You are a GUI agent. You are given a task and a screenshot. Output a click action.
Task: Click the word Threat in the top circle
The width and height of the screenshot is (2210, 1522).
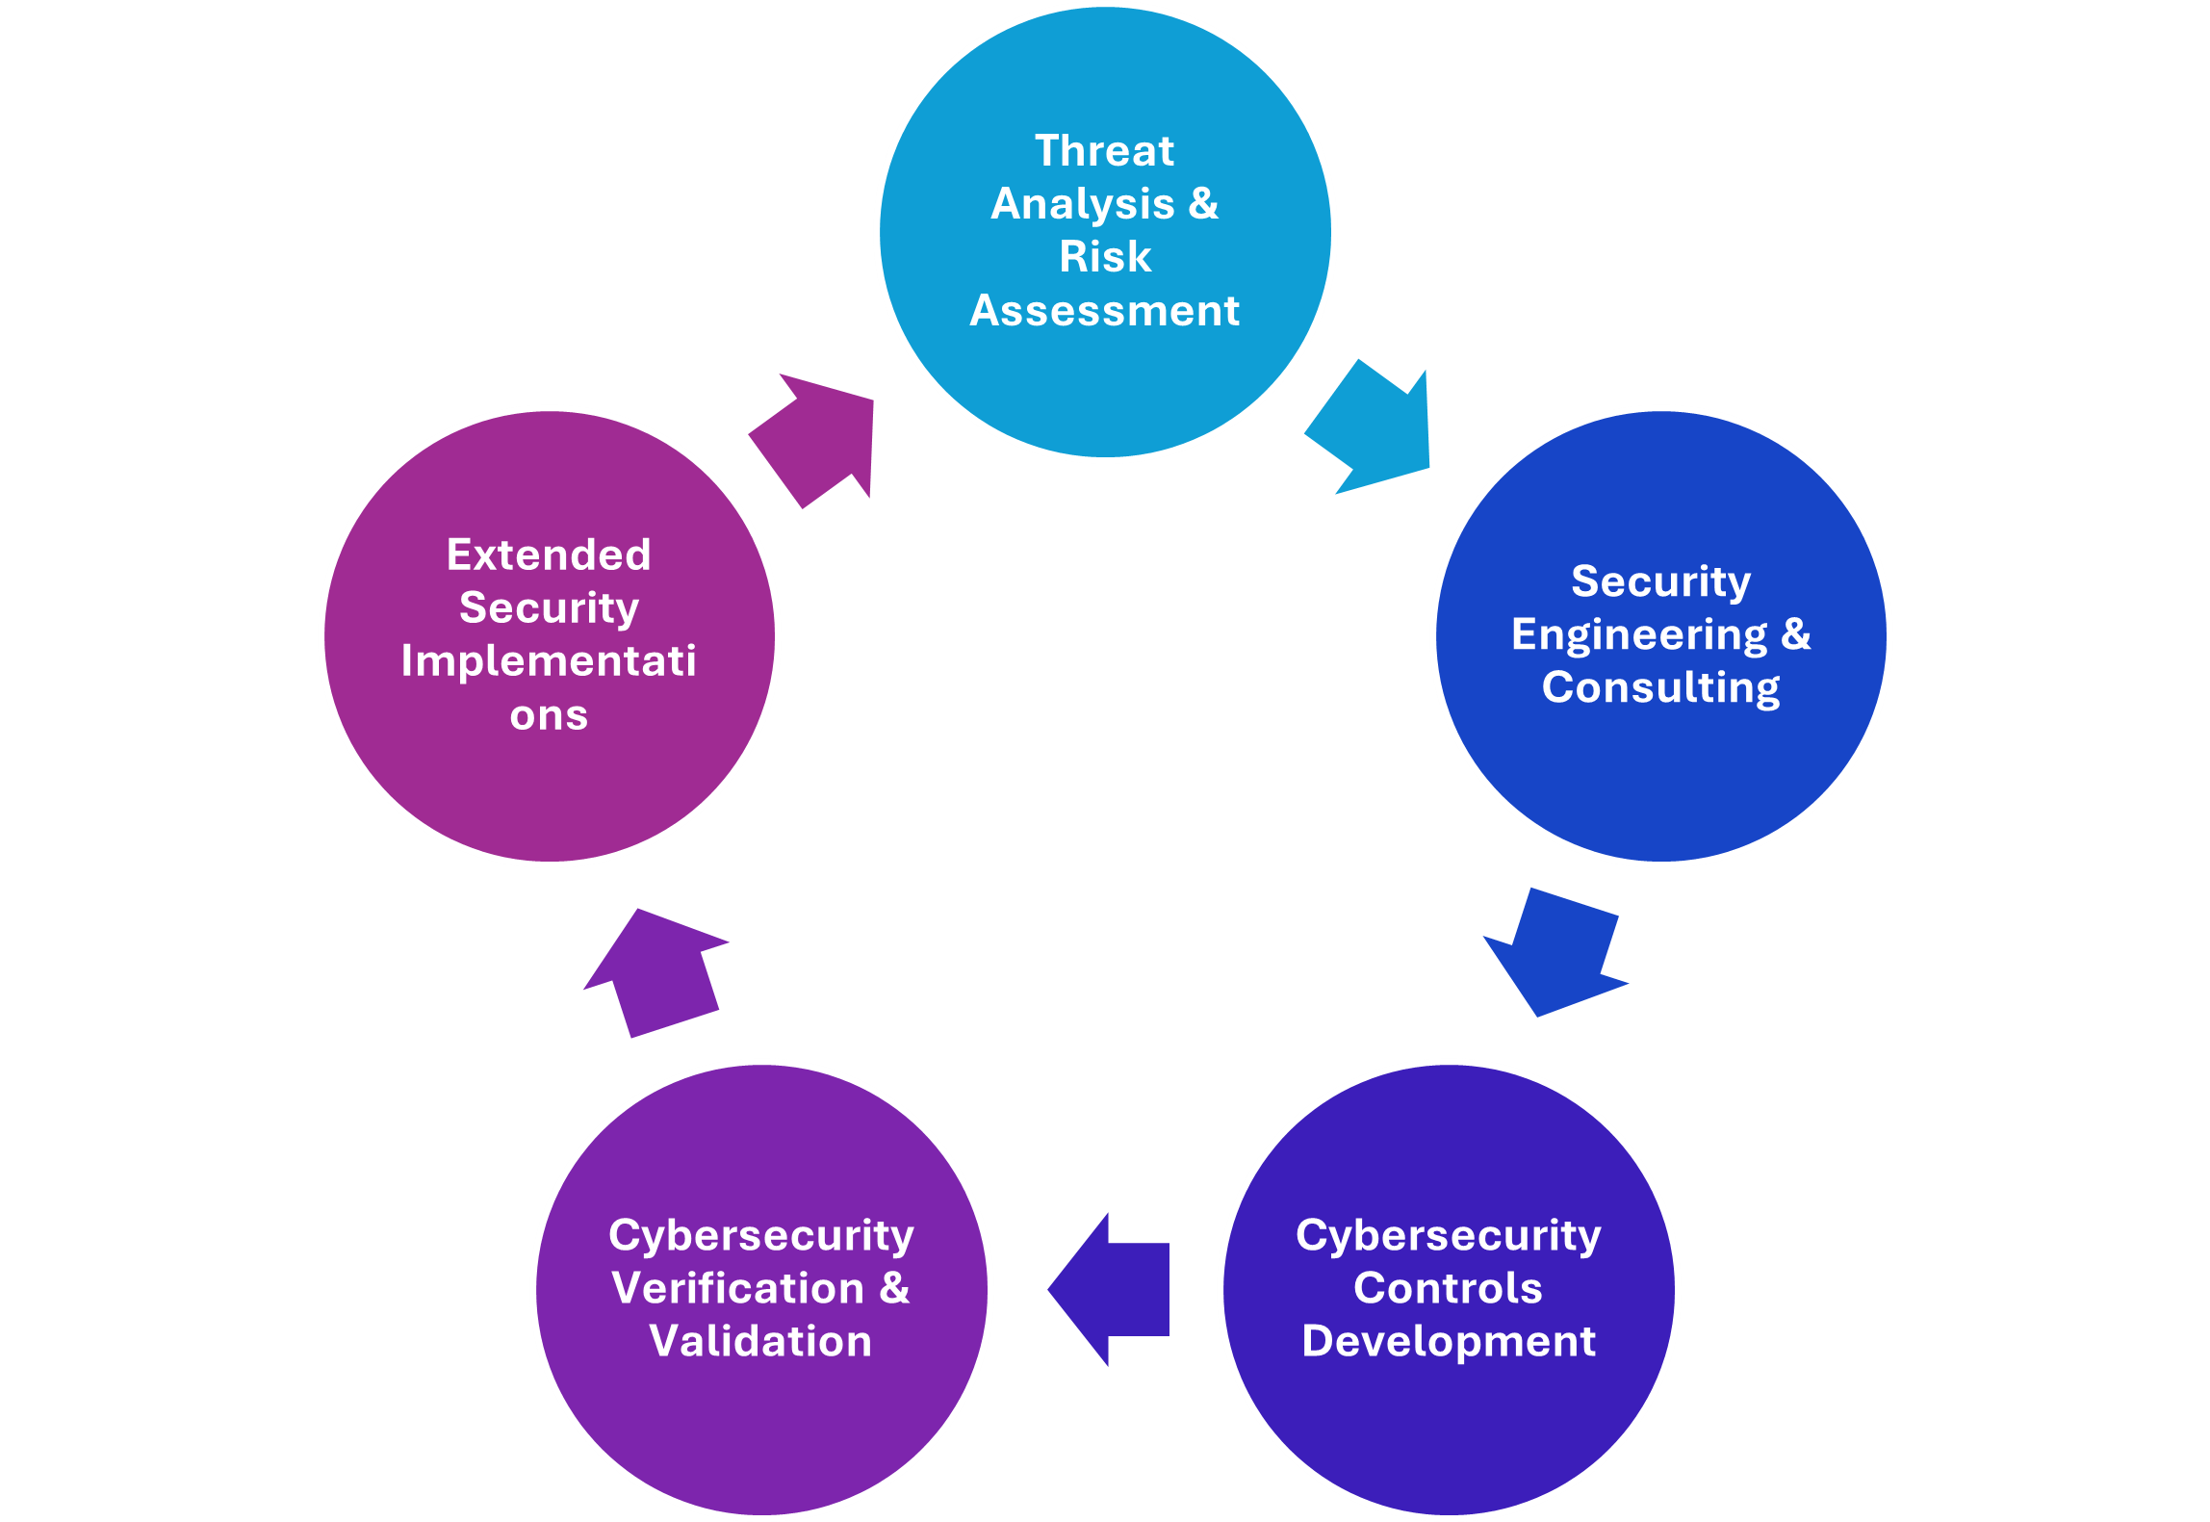pos(1104,151)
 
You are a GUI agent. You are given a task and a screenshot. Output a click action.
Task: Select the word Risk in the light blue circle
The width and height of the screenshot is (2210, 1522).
pos(1105,257)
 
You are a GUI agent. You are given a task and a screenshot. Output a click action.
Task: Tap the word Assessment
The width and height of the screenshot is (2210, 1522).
pos(1105,311)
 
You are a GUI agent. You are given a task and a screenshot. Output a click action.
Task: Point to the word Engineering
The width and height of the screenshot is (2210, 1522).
pos(1639,635)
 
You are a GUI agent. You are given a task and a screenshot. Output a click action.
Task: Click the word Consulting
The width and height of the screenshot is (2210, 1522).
pos(1660,688)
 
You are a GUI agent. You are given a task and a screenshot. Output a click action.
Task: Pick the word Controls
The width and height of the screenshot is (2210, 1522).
pos(1448,1288)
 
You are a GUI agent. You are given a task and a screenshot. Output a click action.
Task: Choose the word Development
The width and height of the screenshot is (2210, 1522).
pos(1449,1341)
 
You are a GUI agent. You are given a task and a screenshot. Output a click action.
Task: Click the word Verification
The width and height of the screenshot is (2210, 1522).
pos(738,1288)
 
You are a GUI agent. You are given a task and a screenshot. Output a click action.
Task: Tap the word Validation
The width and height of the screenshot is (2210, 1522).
pos(760,1341)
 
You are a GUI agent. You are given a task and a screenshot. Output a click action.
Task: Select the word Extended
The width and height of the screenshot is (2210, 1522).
pos(549,555)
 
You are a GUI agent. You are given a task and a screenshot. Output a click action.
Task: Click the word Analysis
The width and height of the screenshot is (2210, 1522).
pos(1083,204)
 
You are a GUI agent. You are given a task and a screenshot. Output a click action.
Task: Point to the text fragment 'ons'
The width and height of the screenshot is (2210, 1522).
pos(549,715)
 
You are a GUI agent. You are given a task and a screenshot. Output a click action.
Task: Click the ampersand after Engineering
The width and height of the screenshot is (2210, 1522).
pos(1796,634)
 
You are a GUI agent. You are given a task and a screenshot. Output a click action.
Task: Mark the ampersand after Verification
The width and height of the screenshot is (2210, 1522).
pos(894,1288)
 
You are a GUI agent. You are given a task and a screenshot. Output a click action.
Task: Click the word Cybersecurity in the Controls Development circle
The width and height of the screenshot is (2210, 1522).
pos(1448,1235)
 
